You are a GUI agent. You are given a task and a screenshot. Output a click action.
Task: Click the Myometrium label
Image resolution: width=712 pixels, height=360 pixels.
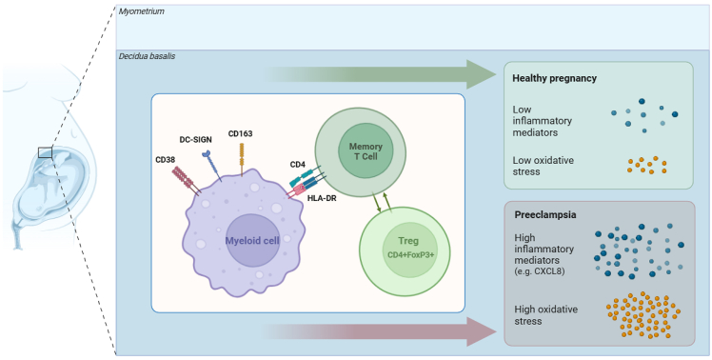141,10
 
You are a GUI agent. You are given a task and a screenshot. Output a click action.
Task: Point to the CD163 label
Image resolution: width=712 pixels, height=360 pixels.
241,133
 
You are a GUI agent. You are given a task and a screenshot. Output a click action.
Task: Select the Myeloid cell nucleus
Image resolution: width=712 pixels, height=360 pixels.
252,240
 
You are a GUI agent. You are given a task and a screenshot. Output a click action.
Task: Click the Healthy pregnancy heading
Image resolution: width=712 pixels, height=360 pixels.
554,79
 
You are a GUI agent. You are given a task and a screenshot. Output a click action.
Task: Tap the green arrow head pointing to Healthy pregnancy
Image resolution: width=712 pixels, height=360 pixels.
481,73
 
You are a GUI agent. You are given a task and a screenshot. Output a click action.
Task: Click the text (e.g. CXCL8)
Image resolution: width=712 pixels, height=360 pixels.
539,272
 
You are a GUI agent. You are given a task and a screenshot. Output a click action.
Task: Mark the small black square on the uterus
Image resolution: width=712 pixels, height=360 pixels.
46,152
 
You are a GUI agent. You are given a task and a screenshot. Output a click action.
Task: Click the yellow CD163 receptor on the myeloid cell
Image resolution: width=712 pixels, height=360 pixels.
242,159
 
